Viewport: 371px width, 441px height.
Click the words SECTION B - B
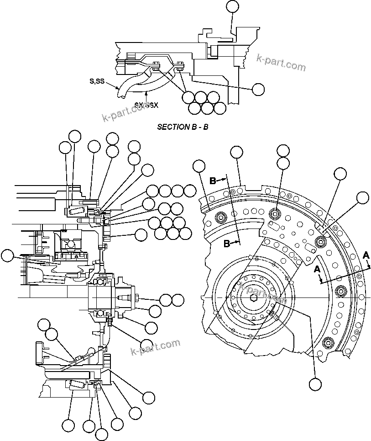tap(183, 127)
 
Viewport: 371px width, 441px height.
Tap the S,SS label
tap(97, 81)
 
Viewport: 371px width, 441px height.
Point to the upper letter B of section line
tap(213, 181)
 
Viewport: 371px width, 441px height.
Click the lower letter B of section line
tap(227, 244)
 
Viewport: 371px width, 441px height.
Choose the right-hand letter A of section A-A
tap(366, 255)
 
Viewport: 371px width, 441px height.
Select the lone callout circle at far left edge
tap(7, 256)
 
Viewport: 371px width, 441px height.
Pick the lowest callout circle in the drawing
tap(101, 434)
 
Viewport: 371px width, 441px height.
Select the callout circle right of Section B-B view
tap(258, 90)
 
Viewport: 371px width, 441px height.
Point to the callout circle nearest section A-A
tap(362, 197)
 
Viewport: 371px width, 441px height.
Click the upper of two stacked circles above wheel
tap(283, 151)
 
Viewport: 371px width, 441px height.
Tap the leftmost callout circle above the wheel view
tap(199, 167)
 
